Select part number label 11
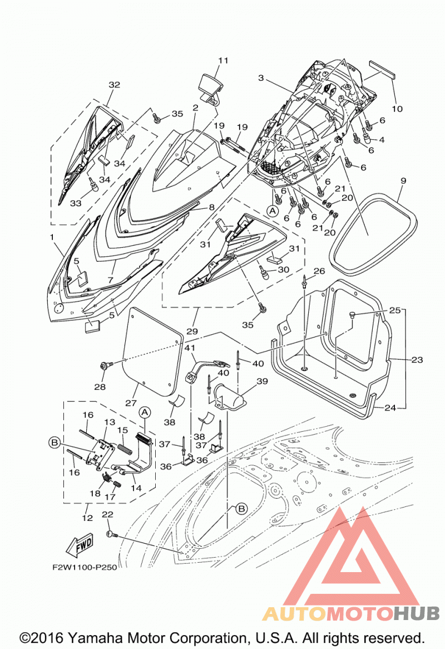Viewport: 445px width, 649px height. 223,60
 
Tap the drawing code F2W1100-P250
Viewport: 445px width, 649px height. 85,567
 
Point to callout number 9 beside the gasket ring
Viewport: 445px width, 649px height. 403,181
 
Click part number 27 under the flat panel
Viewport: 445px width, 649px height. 131,403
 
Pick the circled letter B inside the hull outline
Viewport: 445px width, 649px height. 241,509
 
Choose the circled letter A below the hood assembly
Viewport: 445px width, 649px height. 273,211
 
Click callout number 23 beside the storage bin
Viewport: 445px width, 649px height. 417,359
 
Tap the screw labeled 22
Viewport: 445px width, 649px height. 111,534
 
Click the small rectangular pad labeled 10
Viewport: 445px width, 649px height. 382,69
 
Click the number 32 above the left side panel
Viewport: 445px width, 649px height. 114,85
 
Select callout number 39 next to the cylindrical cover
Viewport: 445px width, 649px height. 262,381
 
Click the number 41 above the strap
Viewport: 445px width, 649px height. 190,348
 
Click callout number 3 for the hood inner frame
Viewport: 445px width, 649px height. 261,78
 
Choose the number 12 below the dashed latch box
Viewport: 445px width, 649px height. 87,518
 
